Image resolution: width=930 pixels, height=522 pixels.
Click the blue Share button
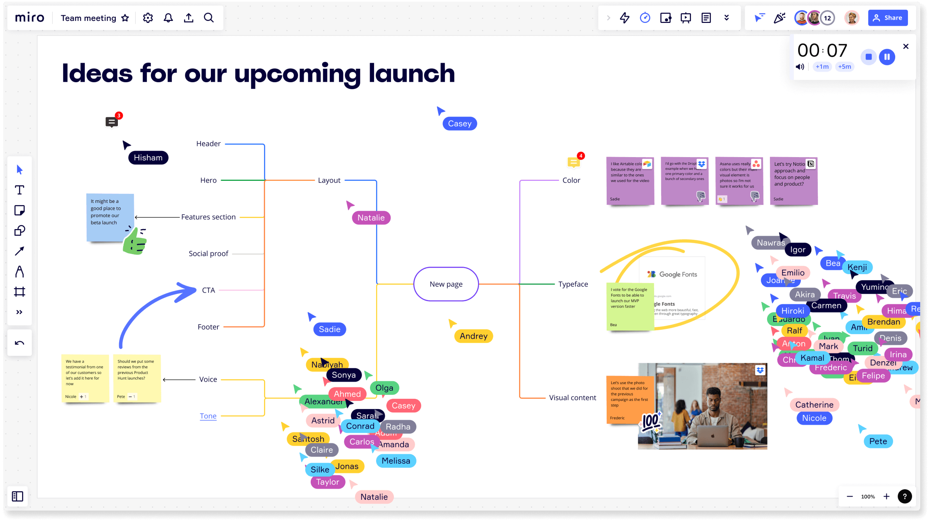click(x=887, y=18)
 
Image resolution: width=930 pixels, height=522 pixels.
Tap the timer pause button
click(x=887, y=57)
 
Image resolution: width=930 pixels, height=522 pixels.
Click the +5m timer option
click(x=844, y=67)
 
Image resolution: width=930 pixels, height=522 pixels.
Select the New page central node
click(x=446, y=284)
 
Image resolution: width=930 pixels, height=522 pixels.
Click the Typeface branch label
click(x=573, y=284)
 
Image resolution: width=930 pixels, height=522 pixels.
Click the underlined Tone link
click(x=208, y=416)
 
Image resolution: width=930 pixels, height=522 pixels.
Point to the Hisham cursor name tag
click(x=148, y=157)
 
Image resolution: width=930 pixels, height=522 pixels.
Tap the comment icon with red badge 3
click(x=111, y=122)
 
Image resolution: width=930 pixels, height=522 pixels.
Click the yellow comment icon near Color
click(x=573, y=162)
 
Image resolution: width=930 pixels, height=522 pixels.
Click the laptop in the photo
click(x=712, y=435)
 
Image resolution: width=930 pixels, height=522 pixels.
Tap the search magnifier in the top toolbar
click(x=209, y=18)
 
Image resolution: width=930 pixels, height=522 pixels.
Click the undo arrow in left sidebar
click(x=19, y=343)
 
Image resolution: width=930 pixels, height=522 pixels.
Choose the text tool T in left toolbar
click(x=19, y=190)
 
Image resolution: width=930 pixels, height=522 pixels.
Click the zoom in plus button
click(x=886, y=496)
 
